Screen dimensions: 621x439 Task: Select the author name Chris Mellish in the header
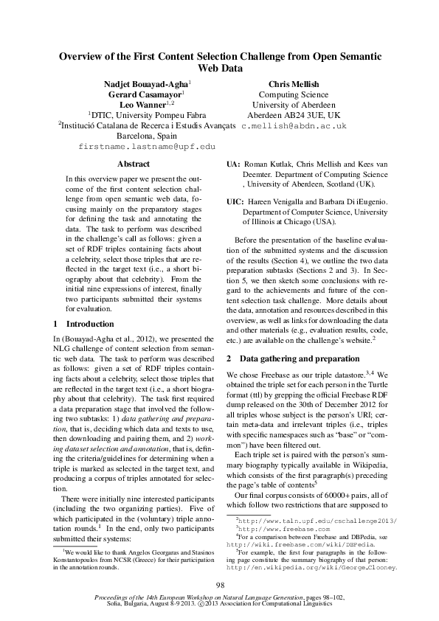pos(293,85)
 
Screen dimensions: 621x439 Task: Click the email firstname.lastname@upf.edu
pos(147,148)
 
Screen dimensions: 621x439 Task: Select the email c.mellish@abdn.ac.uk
pos(294,126)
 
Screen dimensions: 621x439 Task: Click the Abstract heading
pos(134,164)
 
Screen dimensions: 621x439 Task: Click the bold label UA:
pos(232,163)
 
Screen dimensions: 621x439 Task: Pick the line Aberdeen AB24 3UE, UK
pos(293,116)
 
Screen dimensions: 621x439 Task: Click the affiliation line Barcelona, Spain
pos(147,136)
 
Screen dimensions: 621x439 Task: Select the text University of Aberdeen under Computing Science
pos(293,105)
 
